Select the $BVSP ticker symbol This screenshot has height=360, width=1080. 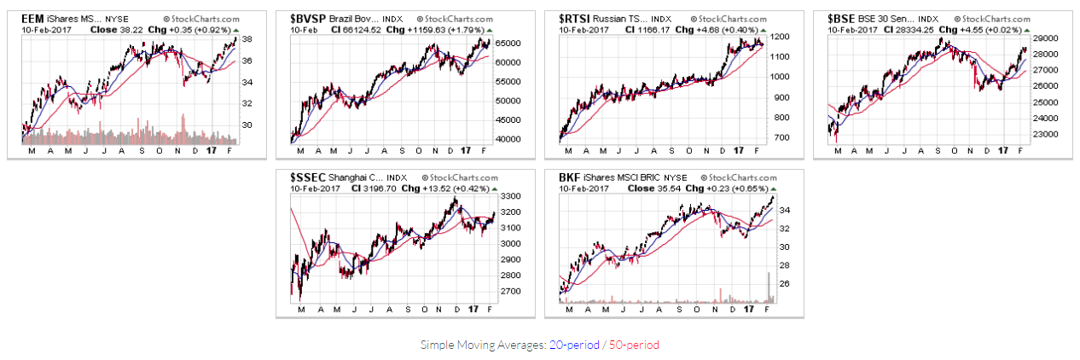click(307, 17)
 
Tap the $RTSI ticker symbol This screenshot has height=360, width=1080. click(576, 17)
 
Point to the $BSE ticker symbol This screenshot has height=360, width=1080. click(842, 17)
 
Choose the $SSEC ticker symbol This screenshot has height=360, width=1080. click(307, 177)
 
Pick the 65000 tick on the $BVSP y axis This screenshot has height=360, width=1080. click(509, 43)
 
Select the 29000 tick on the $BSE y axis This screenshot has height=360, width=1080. click(1047, 38)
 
